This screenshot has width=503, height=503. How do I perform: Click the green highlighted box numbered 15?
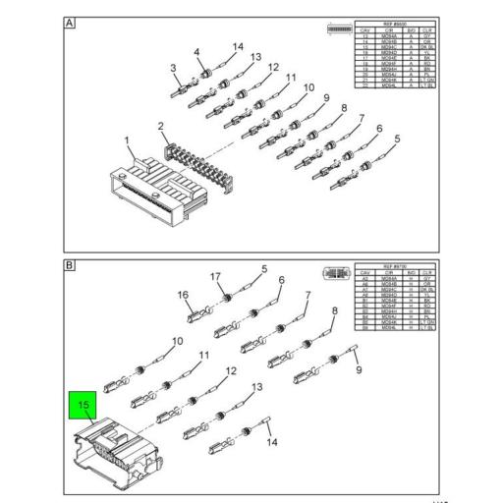click(x=84, y=404)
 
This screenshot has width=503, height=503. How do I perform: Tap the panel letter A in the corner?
click(x=70, y=23)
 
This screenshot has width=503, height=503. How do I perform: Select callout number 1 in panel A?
click(x=127, y=141)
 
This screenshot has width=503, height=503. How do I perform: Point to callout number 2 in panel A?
click(x=162, y=126)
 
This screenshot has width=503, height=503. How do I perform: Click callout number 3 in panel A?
click(x=174, y=69)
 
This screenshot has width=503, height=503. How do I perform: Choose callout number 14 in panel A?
click(x=237, y=46)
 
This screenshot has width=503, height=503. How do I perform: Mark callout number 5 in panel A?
click(x=398, y=139)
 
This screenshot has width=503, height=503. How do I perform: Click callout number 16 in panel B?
click(x=183, y=295)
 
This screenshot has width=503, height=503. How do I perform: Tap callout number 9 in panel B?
click(x=359, y=369)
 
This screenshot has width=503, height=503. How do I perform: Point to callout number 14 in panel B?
click(x=272, y=442)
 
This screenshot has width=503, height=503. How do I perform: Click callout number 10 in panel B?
click(x=177, y=342)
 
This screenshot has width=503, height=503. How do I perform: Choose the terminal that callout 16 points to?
click(x=194, y=316)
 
